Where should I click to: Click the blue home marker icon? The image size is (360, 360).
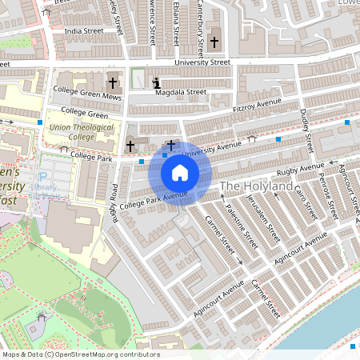(x=180, y=173)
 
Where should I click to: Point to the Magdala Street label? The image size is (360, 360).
(x=182, y=92)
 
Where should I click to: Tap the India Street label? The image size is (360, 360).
(x=85, y=31)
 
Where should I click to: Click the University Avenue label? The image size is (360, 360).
(x=212, y=148)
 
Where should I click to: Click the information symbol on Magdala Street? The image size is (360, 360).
(x=156, y=82)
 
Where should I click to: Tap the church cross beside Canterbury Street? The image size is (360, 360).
(x=214, y=42)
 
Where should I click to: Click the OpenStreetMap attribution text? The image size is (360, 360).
(x=81, y=354)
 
